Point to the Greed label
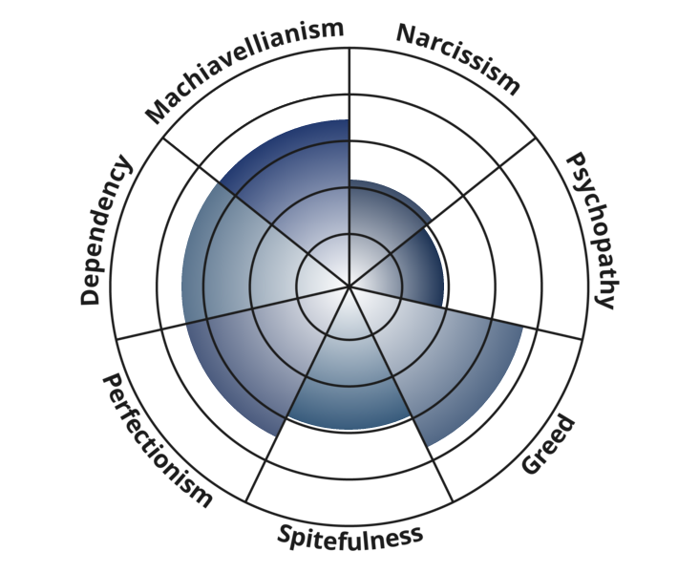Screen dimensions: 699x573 coord(547,445)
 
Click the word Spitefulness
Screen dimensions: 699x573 coord(349,537)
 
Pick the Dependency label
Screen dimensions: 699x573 coord(106,230)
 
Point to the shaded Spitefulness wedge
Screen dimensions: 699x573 coord(349,384)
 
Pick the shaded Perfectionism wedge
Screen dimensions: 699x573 coord(249,357)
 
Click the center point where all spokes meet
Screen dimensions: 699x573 coord(349,286)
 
